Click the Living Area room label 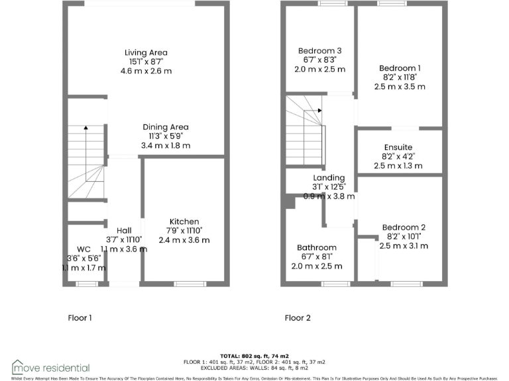(x=146, y=52)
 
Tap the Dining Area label (x=166, y=127)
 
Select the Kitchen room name (x=184, y=222)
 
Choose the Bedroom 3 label (x=320, y=51)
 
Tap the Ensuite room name (x=398, y=147)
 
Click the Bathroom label (x=317, y=248)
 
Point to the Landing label (x=329, y=177)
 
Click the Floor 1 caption (x=80, y=318)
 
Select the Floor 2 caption (x=298, y=318)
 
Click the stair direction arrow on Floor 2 (x=319, y=110)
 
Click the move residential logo (x=51, y=366)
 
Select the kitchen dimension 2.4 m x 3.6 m (x=184, y=239)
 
